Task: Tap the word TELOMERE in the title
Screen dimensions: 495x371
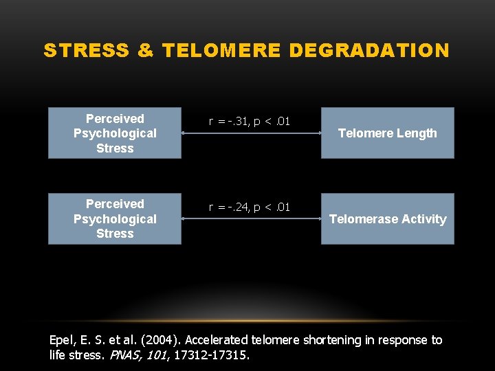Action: (x=221, y=51)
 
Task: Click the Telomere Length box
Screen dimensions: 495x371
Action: (x=387, y=133)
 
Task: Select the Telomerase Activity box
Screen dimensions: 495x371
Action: (x=387, y=219)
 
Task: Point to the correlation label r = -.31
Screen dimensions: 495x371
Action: (x=250, y=122)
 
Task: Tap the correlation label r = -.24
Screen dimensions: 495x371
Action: (x=250, y=207)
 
